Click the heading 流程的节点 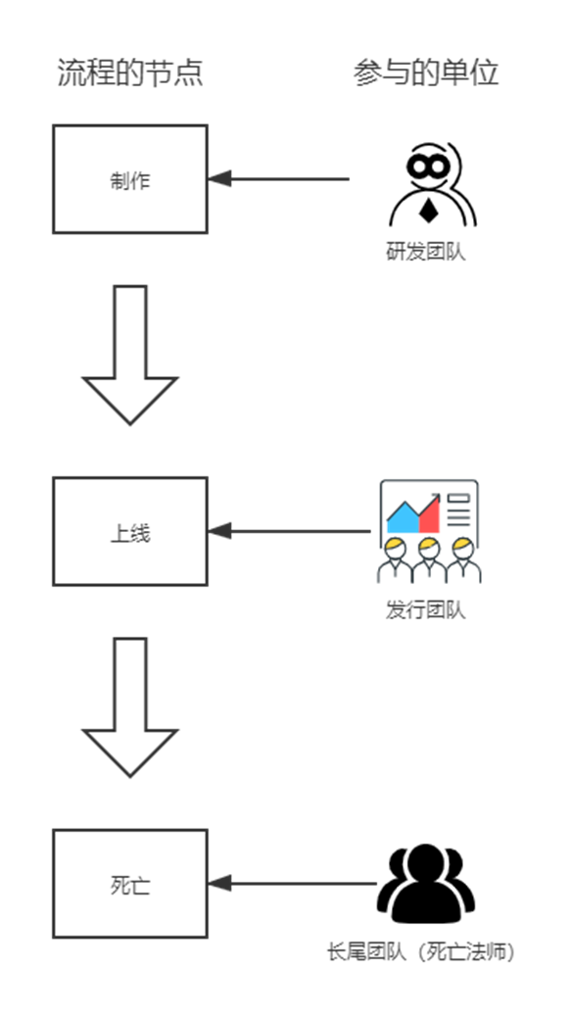tap(130, 73)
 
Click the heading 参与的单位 tap(426, 73)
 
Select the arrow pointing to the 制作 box tap(278, 178)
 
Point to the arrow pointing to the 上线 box tap(289, 531)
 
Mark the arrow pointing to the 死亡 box tap(292, 884)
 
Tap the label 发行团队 tap(426, 610)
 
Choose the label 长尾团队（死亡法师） tap(421, 952)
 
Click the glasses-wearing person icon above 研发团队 tap(433, 185)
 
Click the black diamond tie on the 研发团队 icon tap(427, 212)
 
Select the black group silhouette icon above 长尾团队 tap(426, 884)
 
